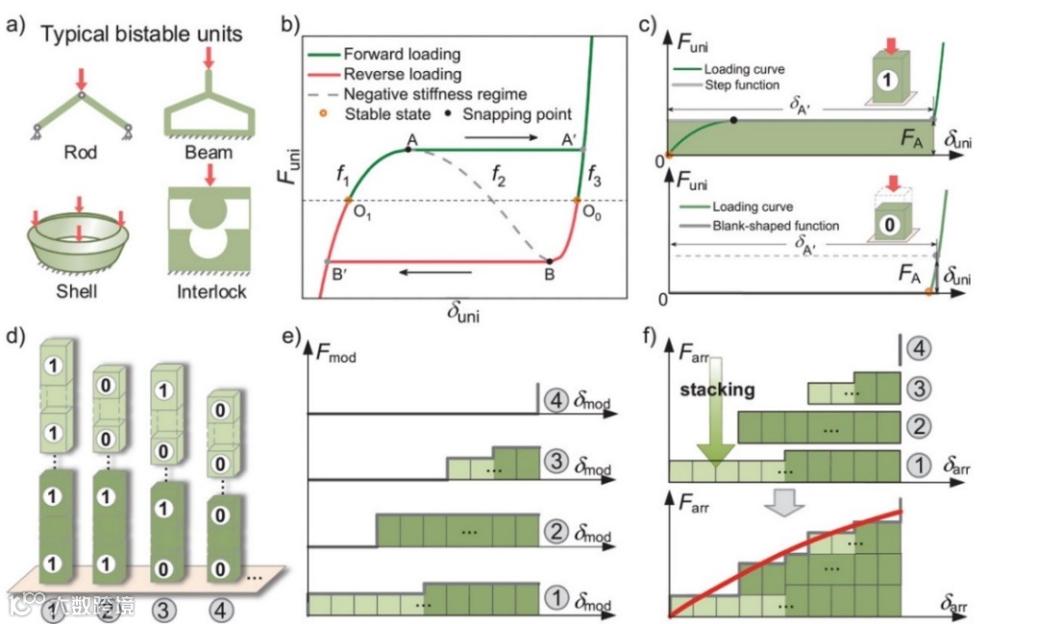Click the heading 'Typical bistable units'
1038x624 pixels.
coord(140,37)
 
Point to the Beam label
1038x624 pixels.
coord(209,152)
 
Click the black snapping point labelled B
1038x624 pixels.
coord(550,260)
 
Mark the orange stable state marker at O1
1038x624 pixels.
coord(348,200)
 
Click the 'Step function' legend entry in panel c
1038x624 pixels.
coord(739,86)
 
